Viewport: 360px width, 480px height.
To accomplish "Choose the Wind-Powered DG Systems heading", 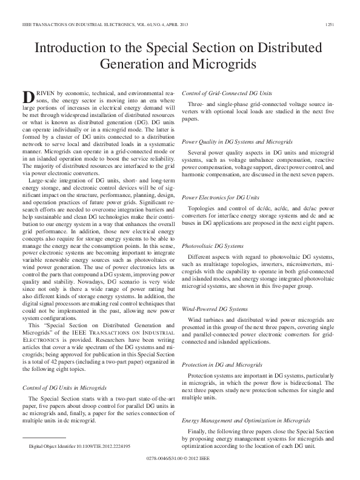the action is tap(210, 308).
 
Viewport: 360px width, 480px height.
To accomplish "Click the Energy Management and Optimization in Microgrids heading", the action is tap(238, 419).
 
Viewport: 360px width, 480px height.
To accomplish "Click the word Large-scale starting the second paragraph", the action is tap(44, 181).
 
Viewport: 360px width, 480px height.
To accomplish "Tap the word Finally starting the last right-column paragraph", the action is tap(198, 431).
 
